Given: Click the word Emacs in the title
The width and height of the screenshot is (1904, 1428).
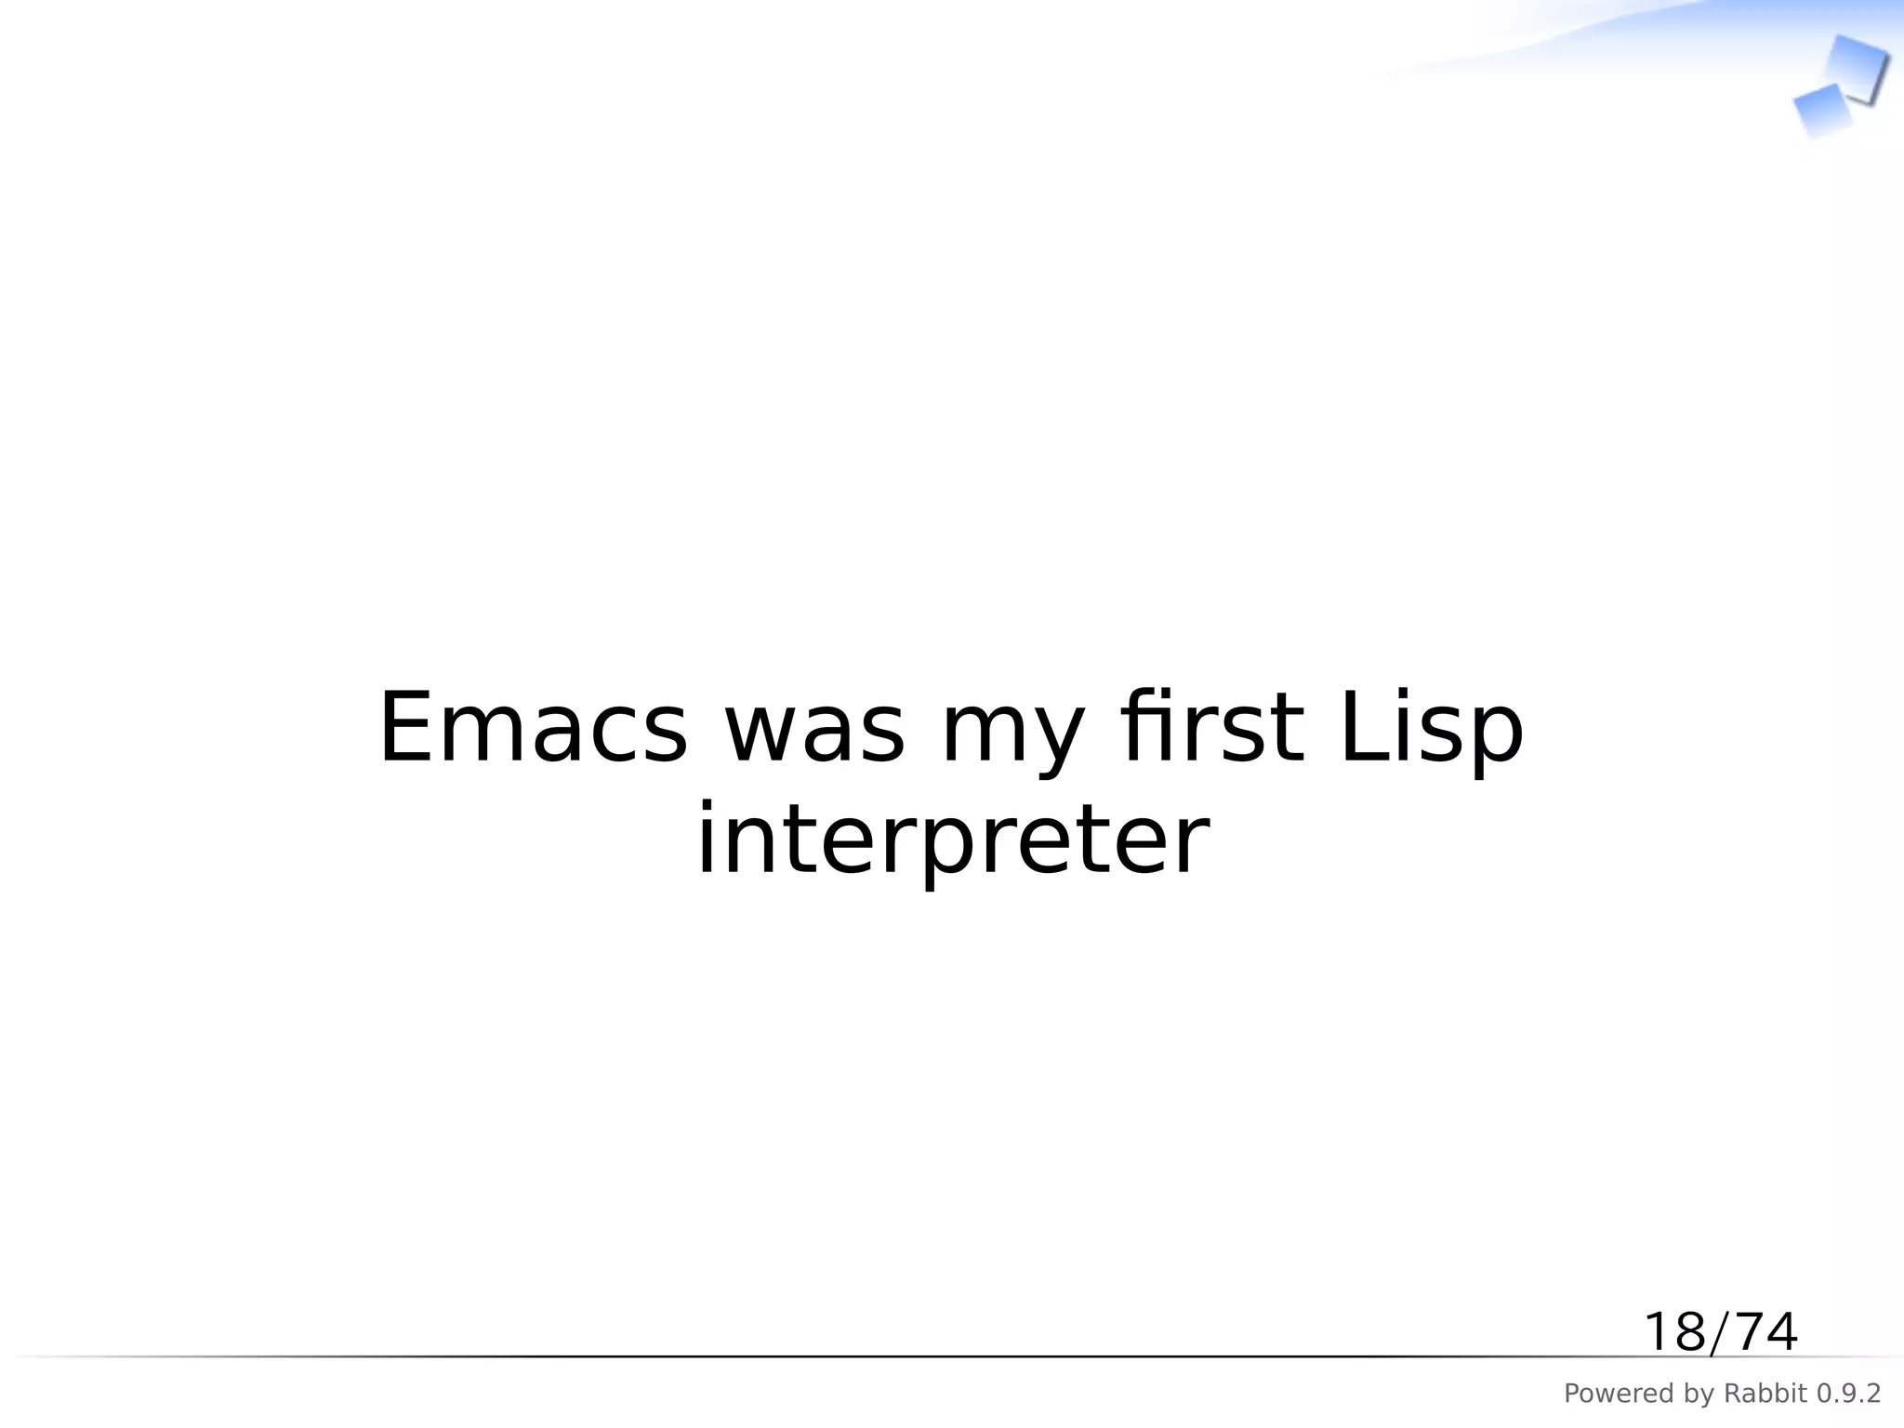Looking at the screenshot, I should pos(533,729).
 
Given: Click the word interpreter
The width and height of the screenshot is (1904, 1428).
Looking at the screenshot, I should pos(952,842).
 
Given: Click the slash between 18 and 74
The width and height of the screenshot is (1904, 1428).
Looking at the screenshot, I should pos(1719,1333).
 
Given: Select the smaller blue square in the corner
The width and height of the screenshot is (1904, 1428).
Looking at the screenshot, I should pos(1821,110).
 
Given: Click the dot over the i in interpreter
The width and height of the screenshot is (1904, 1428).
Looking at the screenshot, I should pos(707,806).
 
